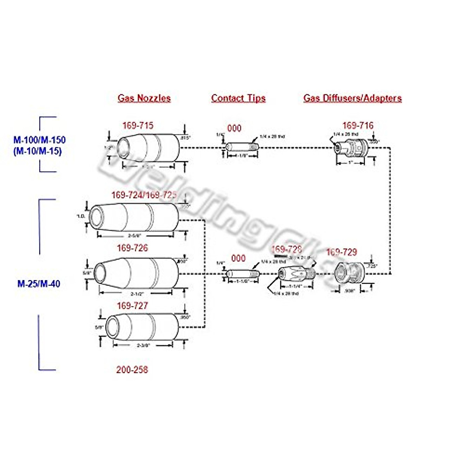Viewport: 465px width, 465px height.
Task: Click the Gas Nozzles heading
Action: pyautogui.click(x=144, y=98)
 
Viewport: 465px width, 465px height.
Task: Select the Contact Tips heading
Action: pyautogui.click(x=238, y=98)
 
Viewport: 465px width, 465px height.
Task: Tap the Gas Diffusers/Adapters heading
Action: pyautogui.click(x=352, y=98)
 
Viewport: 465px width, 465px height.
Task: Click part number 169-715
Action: pyautogui.click(x=138, y=126)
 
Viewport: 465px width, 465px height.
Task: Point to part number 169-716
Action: pyautogui.click(x=358, y=126)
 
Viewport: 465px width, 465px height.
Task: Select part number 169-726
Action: pyautogui.click(x=133, y=248)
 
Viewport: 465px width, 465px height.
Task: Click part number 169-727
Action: pyautogui.click(x=133, y=306)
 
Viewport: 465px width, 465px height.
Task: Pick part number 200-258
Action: pyautogui.click(x=132, y=370)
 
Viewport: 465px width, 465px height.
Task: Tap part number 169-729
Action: pyautogui.click(x=341, y=252)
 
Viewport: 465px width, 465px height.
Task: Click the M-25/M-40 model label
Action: pyautogui.click(x=39, y=284)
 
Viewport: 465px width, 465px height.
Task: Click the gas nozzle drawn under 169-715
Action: pyautogui.click(x=147, y=148)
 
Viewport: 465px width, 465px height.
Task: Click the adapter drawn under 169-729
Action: pyautogui.click(x=349, y=273)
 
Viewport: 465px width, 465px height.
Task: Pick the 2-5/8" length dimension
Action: pyautogui.click(x=135, y=235)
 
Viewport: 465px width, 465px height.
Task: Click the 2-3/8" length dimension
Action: pyautogui.click(x=143, y=345)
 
